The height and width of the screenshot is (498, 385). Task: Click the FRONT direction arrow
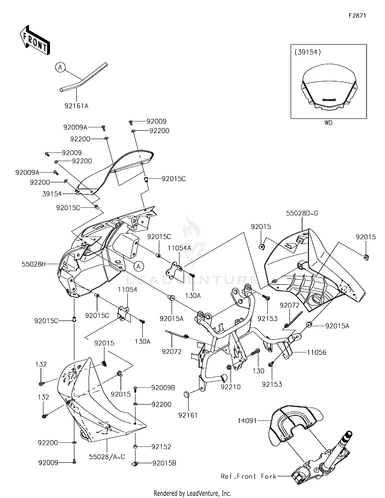35,40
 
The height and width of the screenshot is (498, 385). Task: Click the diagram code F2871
357,16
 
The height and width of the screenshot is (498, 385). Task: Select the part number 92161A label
76,106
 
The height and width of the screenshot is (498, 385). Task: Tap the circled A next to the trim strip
60,68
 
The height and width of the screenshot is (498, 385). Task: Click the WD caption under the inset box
328,123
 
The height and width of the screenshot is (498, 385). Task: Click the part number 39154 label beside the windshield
52,194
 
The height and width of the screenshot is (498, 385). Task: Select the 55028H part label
34,264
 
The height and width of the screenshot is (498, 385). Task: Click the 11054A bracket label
179,248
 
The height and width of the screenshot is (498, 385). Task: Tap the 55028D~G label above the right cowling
302,213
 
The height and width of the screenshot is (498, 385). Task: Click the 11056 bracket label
316,352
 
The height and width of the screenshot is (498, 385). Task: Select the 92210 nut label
230,387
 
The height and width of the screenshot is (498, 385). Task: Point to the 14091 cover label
247,421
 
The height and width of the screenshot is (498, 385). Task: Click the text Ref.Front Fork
248,476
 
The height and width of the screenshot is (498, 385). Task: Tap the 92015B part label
164,463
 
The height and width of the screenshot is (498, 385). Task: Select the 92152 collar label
161,447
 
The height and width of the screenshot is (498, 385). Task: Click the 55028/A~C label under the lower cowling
107,457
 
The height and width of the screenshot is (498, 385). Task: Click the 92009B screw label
163,388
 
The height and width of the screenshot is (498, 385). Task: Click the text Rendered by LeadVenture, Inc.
192,493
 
